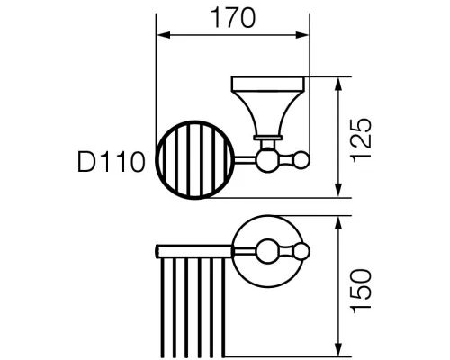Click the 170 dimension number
[x=233, y=18]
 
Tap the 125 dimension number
[x=361, y=140]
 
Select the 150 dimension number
[x=361, y=291]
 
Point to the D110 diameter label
[x=112, y=162]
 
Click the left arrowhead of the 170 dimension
[x=164, y=35]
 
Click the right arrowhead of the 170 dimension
[x=302, y=35]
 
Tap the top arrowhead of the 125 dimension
[x=338, y=85]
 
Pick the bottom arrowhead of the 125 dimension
[x=338, y=190]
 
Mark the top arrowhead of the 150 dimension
[x=338, y=223]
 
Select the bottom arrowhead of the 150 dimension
[x=338, y=349]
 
